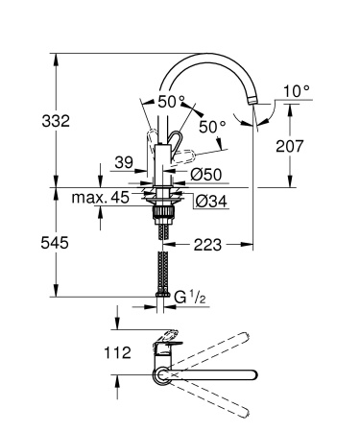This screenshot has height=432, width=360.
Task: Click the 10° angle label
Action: (x=299, y=92)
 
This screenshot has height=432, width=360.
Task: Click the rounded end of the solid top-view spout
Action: (x=254, y=373)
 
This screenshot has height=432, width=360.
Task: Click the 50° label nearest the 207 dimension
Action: (x=212, y=126)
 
